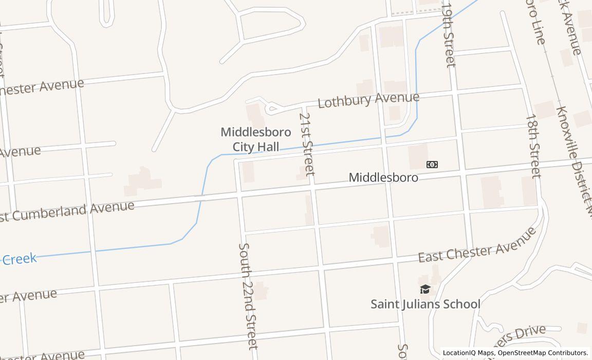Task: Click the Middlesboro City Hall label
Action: pos(256,139)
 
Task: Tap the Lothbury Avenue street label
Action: pos(368,99)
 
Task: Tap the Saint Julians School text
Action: pos(425,304)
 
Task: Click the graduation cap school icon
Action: pos(425,290)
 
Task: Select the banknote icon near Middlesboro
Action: pos(432,165)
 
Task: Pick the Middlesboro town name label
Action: pos(383,177)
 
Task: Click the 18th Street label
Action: pos(533,146)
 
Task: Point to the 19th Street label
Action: pos(449,35)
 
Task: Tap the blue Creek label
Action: pos(20,259)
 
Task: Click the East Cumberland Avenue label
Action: pos(67,211)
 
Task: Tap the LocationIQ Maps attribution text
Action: pos(468,353)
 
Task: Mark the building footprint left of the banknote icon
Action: pos(418,156)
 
